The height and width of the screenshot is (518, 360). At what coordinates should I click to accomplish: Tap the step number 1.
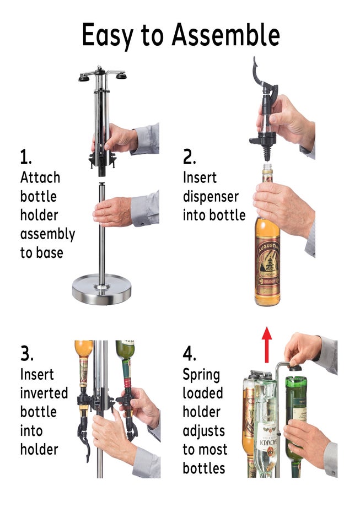pos(25,158)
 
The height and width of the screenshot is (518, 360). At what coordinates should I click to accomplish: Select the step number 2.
pos(189,158)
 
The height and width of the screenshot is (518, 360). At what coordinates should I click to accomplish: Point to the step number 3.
pos(26,353)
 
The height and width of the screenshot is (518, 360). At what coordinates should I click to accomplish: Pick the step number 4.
pos(190,353)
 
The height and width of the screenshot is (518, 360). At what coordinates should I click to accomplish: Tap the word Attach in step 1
pos(40,178)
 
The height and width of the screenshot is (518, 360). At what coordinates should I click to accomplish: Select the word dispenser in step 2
pos(211,197)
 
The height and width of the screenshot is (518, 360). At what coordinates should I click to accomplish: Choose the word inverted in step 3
pos(44,393)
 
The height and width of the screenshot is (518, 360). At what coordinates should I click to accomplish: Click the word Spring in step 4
pos(201,375)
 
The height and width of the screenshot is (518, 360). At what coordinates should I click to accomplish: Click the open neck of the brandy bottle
pos(267,166)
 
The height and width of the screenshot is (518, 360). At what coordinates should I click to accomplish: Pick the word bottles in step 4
pos(204,468)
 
